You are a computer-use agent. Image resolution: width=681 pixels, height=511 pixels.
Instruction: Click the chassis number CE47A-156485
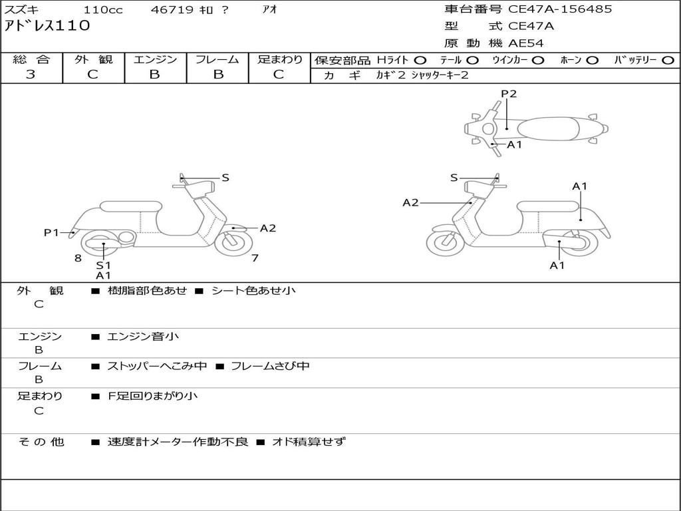(560, 9)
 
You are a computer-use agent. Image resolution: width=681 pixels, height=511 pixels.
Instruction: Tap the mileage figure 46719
(172, 9)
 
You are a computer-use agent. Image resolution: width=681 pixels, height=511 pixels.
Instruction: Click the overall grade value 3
(31, 75)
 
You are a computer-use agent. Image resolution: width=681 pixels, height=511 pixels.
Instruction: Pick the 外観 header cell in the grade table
(93, 59)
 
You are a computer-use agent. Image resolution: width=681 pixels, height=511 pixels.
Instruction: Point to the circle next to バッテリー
(668, 61)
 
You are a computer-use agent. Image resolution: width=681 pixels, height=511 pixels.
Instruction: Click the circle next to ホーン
(593, 61)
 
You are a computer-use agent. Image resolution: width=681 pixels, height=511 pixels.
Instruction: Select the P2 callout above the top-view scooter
(509, 93)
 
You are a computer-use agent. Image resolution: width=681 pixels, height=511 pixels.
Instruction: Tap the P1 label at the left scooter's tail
(51, 232)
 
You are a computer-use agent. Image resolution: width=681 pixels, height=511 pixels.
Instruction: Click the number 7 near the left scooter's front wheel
(255, 257)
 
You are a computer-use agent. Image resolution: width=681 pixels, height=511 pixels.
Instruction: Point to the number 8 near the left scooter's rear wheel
(78, 258)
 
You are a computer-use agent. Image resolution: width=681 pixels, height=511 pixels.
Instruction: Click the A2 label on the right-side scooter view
(410, 202)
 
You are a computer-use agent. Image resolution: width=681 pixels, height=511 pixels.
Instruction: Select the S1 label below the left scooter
(103, 265)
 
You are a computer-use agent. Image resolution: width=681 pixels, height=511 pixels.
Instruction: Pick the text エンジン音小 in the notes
(143, 336)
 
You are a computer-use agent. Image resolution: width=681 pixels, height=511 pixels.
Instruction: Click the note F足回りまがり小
(152, 396)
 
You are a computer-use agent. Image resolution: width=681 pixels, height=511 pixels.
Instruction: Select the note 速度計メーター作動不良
(178, 442)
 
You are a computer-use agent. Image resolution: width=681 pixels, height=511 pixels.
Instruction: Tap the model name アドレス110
(47, 26)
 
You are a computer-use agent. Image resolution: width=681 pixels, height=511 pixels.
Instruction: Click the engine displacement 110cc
(103, 9)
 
